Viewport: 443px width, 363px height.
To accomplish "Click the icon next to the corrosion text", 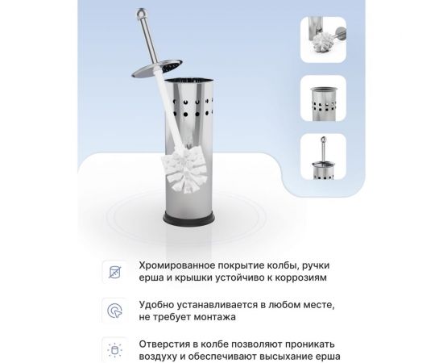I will coord(114,270).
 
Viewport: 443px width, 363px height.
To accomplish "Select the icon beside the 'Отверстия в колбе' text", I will coord(114,349).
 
